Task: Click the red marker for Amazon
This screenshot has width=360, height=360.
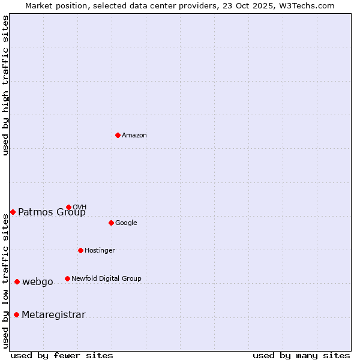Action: point(118,135)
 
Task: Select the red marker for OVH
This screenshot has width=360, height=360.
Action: point(68,207)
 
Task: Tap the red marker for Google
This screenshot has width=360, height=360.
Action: point(111,223)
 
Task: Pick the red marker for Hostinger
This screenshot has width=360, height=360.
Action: point(80,250)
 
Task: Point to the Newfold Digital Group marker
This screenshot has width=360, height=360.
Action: point(67,278)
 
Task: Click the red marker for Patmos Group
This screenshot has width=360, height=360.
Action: point(13,212)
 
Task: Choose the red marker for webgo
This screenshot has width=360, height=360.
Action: point(17,281)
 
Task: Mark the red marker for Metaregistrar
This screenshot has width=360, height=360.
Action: point(16,314)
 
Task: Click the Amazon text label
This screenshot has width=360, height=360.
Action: point(134,136)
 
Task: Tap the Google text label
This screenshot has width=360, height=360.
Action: point(126,223)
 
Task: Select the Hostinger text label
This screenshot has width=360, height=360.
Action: point(100,251)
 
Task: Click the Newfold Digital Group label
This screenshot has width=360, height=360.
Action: point(106,279)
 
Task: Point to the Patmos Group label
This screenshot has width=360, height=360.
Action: point(52,212)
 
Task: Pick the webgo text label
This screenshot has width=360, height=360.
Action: point(38,282)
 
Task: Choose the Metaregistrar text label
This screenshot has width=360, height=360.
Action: point(53,315)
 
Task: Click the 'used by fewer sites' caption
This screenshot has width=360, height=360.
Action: point(62,355)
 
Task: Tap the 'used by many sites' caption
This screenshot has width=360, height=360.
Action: point(301,355)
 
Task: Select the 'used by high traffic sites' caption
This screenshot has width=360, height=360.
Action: point(6,85)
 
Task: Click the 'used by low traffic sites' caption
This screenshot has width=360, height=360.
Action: point(6,281)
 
